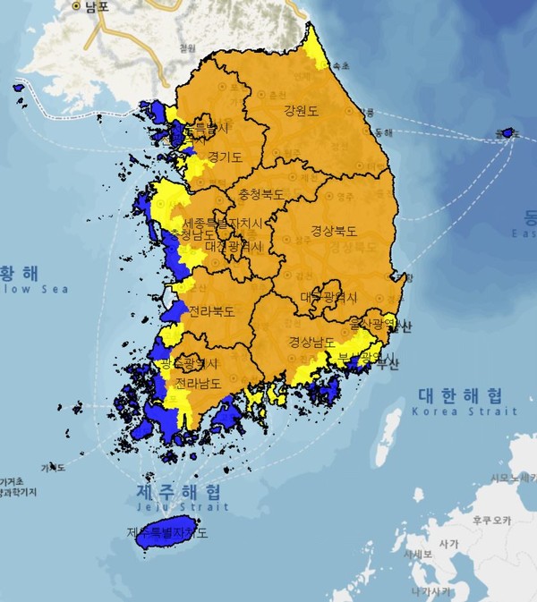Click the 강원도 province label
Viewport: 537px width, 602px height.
[x=301, y=112]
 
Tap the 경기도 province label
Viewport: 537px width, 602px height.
[x=225, y=157]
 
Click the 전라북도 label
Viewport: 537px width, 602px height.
[x=211, y=312]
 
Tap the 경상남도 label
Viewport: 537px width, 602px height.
[x=312, y=343]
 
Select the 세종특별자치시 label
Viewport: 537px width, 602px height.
[x=223, y=222]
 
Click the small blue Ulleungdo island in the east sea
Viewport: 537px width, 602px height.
[x=507, y=133]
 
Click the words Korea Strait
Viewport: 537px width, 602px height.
[x=463, y=411]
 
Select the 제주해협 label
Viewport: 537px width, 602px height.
[x=177, y=492]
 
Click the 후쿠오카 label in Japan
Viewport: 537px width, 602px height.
[x=491, y=520]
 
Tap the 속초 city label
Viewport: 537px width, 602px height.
[x=341, y=66]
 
